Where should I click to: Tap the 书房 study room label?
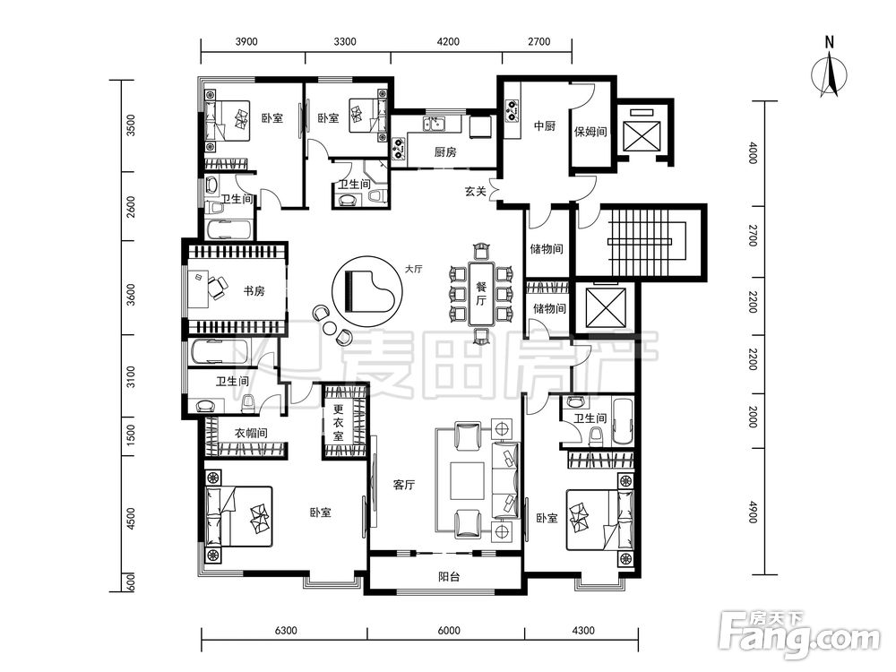coord(254,291)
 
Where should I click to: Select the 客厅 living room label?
coord(404,485)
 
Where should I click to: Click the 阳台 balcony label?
coord(449,576)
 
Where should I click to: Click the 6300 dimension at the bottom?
coord(286,630)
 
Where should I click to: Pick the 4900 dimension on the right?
coord(753,512)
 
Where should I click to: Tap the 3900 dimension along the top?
coord(246,41)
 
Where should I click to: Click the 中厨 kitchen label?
coord(545,125)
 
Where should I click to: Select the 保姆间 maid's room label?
coord(590,132)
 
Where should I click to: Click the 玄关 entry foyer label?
coord(476,192)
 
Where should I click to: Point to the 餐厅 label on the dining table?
coord(481,293)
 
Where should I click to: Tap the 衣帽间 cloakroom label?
coord(251,433)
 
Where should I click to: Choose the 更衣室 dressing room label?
coord(339,422)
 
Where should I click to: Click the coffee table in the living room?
coord(467,480)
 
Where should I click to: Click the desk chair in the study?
coord(217,288)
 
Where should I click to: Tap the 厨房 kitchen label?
coord(445,152)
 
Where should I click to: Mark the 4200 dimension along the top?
coord(447,41)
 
